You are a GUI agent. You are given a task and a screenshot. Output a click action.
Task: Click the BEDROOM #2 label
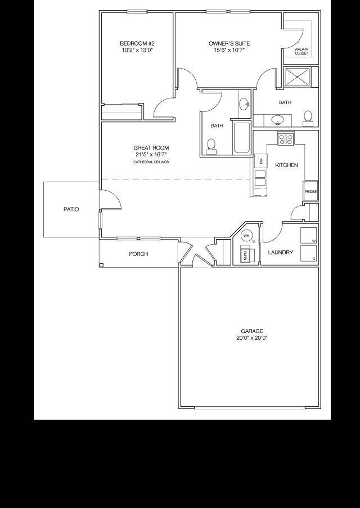[x=137, y=43]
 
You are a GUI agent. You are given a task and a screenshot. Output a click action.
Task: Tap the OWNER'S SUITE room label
[x=229, y=43]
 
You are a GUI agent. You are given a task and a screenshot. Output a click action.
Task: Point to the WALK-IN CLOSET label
[x=301, y=51]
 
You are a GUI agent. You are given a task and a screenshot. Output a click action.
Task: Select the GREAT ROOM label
[x=151, y=147]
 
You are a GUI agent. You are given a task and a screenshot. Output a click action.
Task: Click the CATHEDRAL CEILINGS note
[x=151, y=162]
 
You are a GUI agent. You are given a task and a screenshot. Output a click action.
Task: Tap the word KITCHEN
[x=286, y=165]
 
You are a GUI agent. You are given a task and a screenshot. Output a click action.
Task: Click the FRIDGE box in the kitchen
[x=310, y=191]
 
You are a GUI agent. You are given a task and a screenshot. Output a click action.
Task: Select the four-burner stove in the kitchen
[x=286, y=138]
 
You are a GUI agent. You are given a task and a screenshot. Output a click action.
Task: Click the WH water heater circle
[x=247, y=236]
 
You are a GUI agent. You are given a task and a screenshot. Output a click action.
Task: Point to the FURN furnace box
[x=246, y=254]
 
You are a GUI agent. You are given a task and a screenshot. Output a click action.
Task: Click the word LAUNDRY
[x=280, y=253]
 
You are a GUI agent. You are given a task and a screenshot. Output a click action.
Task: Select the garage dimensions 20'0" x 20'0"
[x=251, y=338]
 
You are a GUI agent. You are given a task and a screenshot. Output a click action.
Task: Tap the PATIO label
[x=71, y=209]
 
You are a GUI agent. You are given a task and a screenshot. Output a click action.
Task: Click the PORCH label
[x=138, y=254]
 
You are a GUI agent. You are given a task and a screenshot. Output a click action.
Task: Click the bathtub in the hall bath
[x=242, y=137]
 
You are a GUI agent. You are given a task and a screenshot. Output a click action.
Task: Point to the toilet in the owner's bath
[x=308, y=117]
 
